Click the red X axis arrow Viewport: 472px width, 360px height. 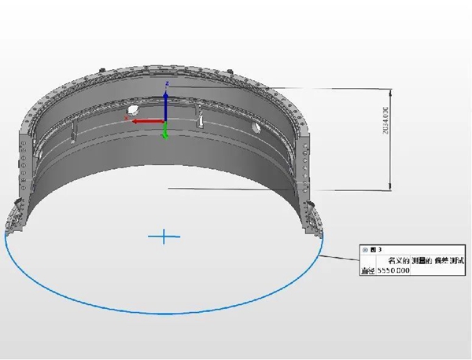[x=146, y=121]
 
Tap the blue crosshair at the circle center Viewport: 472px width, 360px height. [x=164, y=235]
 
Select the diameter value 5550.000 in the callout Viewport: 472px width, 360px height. [x=393, y=271]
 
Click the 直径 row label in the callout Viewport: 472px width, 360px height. [x=366, y=271]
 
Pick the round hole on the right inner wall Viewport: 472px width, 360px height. [x=255, y=127]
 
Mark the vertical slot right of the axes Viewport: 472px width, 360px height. [x=201, y=121]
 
